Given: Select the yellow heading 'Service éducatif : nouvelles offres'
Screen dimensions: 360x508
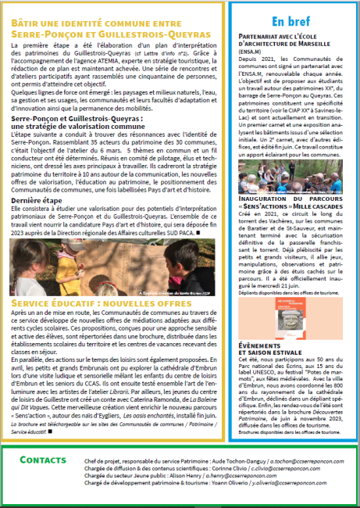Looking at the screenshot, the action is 92,279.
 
